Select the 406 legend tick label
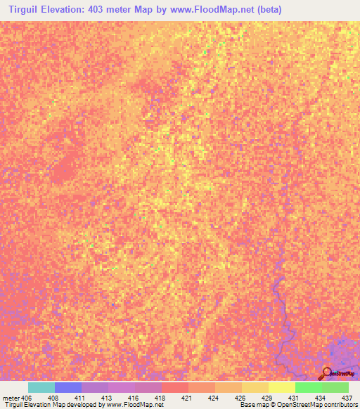(27, 397)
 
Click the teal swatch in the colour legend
(41, 387)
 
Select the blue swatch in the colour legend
(67, 387)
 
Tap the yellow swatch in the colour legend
(282, 387)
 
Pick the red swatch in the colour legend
(174, 387)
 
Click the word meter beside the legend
(10, 397)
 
